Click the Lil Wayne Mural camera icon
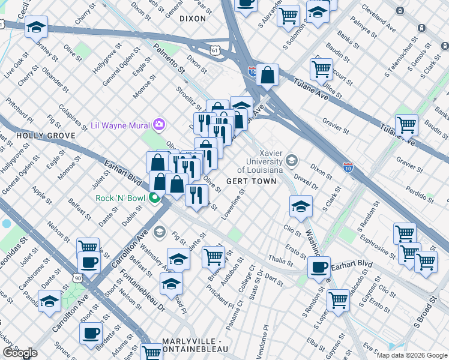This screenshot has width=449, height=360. point(159,125)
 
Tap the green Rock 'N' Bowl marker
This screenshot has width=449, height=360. point(155,198)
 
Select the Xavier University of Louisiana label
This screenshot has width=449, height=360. point(264,161)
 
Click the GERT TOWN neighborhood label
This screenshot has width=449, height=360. point(251,181)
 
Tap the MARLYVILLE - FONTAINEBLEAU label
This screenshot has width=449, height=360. point(187,346)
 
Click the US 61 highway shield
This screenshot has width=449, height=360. point(215,50)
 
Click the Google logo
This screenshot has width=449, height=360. point(20,353)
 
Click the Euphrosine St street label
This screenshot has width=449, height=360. point(376,237)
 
